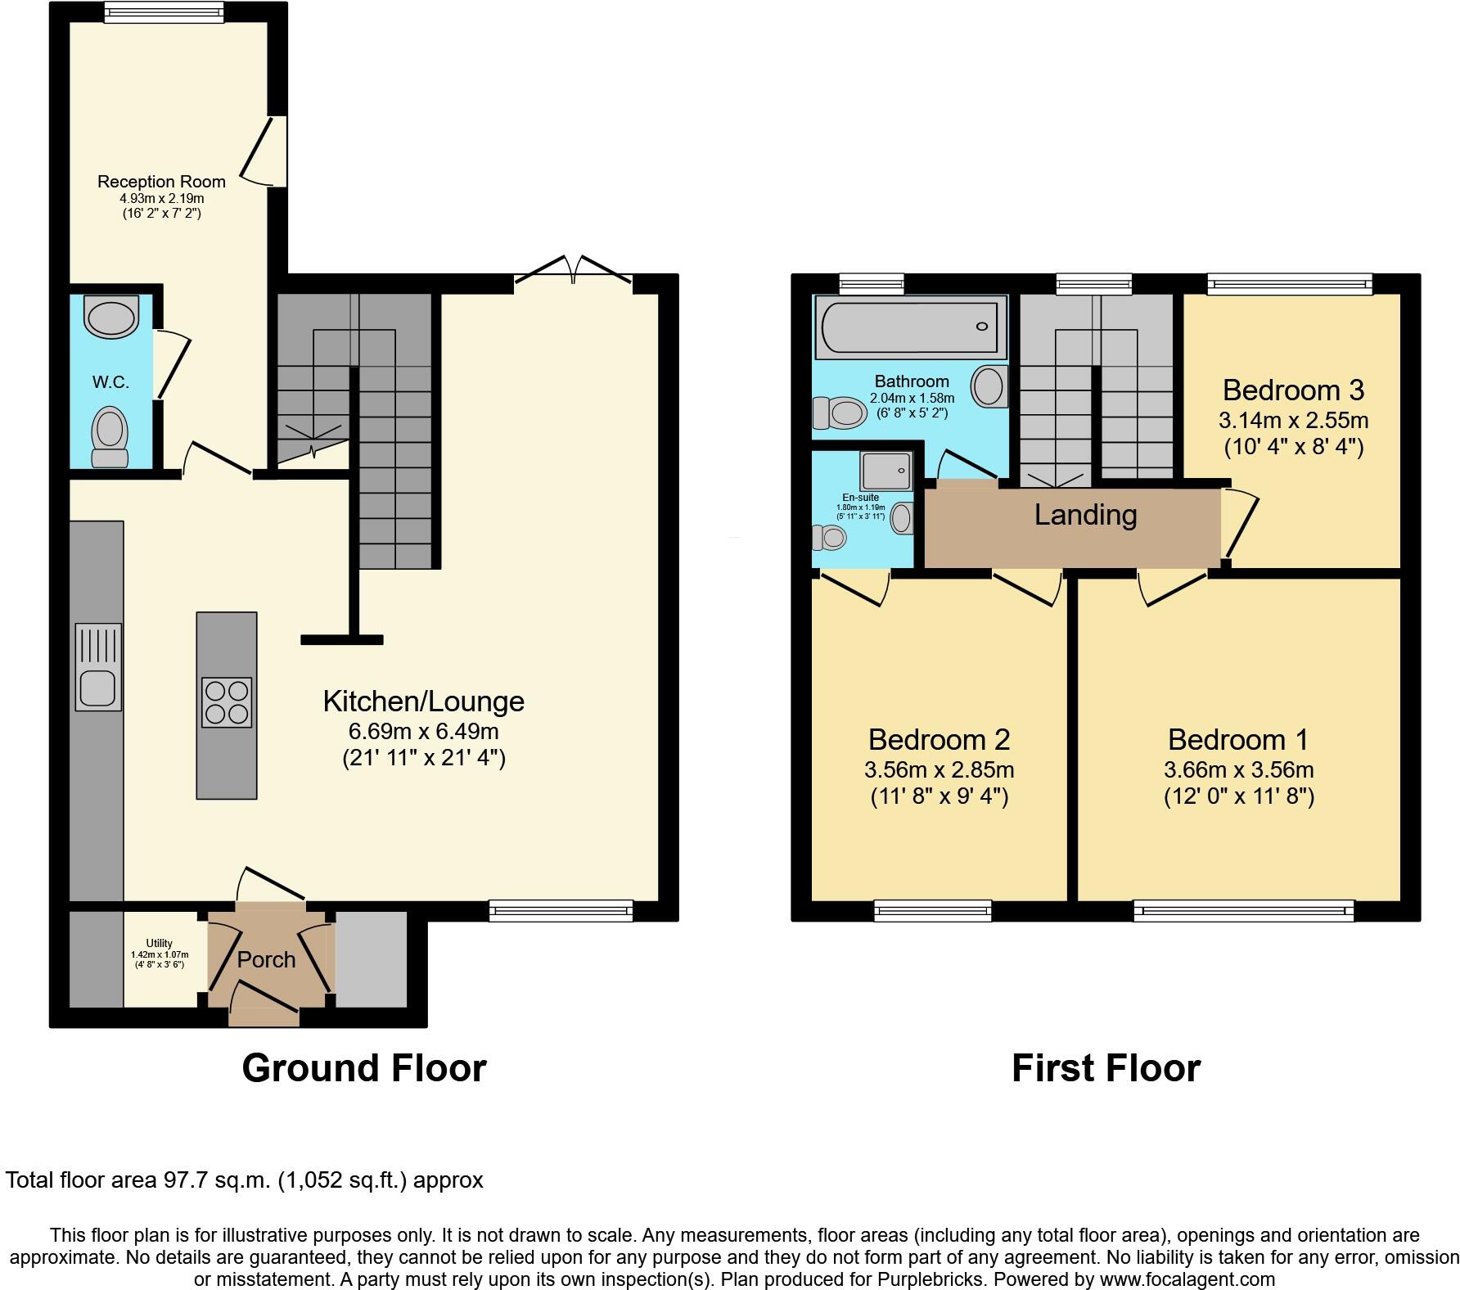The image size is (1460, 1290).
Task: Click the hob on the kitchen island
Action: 227,702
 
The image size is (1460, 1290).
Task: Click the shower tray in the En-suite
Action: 885,471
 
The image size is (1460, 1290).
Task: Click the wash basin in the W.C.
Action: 112,318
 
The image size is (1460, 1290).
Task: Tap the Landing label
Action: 1085,515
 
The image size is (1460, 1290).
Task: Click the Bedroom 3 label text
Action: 1293,390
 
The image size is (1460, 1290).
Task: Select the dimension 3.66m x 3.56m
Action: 1238,769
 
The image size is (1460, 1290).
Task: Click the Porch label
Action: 266,959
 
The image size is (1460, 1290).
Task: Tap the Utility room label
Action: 160,944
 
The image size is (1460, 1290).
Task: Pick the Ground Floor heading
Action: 364,1068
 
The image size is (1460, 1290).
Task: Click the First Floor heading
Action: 1106,1068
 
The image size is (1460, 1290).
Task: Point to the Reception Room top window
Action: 164,11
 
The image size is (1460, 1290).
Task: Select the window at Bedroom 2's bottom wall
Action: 932,910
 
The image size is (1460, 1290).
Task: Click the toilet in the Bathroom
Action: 840,412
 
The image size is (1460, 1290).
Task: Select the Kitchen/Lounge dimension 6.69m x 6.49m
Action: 423,731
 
